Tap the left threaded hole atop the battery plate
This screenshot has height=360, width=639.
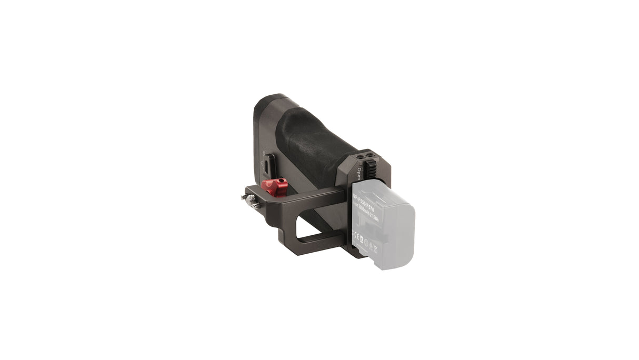tap(361, 157)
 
